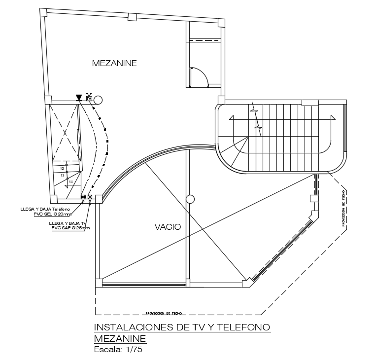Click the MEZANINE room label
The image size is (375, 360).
[x=114, y=63]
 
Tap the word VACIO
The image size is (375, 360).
[x=168, y=227]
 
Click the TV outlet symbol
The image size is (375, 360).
[x=89, y=99]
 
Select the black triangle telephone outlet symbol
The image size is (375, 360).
[x=79, y=98]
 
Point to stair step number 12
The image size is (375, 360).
[x=62, y=169]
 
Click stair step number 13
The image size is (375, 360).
[x=63, y=175]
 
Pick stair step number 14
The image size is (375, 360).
[x=70, y=181]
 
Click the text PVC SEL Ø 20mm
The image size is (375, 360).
[x=52, y=215]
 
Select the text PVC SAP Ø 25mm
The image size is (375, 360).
[x=70, y=228]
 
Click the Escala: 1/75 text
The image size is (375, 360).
[x=118, y=350]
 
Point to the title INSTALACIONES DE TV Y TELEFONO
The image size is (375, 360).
[x=182, y=327]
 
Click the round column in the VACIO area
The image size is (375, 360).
[x=190, y=199]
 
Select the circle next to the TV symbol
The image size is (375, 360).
[x=98, y=100]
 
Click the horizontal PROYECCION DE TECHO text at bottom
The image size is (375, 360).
[x=164, y=313]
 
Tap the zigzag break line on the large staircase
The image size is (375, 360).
[x=255, y=118]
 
